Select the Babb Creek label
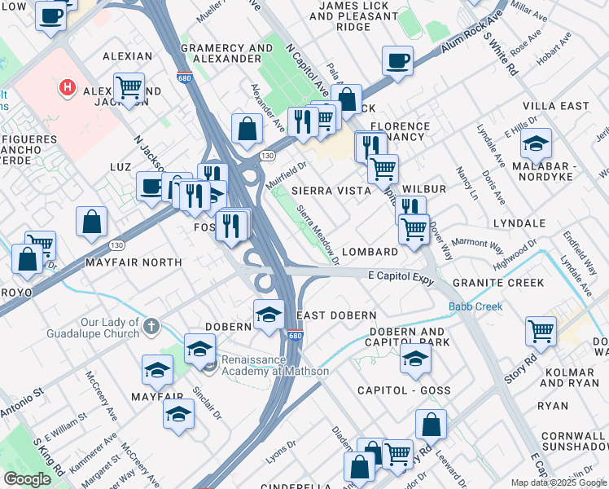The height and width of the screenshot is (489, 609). coord(475,307)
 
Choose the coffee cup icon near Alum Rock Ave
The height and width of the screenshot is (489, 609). coord(397,61)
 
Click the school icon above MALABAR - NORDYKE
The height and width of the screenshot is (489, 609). coord(535,144)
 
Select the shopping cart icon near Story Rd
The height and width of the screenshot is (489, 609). coord(541,331)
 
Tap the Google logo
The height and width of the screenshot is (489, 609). coord(27,479)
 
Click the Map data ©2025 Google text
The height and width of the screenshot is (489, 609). coord(558,482)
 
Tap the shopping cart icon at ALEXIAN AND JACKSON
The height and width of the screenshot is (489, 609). coord(129,88)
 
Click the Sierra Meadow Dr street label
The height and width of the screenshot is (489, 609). coord(318,235)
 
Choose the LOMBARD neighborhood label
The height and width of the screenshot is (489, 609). coord(369,253)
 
